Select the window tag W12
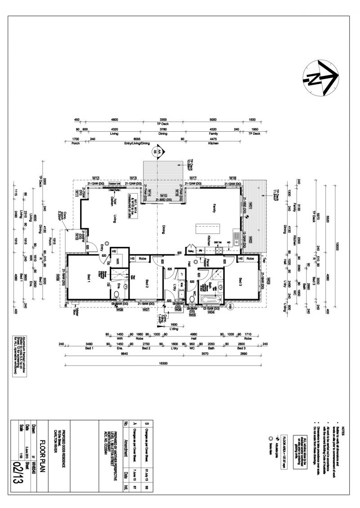(x=96, y=178)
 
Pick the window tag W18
(x=233, y=178)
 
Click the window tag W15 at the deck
(x=164, y=196)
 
